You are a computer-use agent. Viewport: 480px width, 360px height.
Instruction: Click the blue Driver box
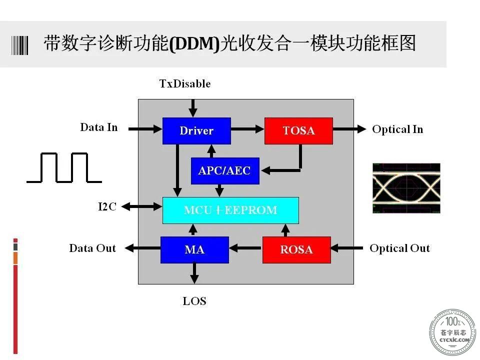point(196,130)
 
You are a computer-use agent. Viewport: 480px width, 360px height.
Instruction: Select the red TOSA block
point(298,130)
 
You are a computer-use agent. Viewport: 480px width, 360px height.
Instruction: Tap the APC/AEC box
point(225,171)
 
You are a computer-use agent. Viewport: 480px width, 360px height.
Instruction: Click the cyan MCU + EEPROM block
point(230,210)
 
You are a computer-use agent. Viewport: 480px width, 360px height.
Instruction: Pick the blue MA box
point(194,250)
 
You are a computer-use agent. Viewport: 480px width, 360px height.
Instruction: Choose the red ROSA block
point(296,250)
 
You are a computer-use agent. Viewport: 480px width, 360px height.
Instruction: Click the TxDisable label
point(185,83)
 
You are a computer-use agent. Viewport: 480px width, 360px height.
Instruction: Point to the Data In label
point(99,127)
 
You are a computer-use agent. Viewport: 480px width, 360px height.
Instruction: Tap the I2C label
point(107,206)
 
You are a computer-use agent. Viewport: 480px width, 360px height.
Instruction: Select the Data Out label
point(92,248)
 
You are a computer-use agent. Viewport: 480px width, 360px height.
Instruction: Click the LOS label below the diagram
point(194,301)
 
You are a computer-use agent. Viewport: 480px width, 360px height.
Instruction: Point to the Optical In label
point(397,129)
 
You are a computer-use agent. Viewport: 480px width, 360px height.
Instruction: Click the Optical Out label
point(399,248)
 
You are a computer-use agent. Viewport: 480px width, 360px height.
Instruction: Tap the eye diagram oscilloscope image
point(406,188)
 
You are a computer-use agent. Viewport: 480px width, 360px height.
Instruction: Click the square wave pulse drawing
point(64,168)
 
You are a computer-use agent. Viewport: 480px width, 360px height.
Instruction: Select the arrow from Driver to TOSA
point(247,129)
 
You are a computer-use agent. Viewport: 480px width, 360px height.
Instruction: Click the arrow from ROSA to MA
point(246,248)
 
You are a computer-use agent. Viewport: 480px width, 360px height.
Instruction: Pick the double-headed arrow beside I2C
point(141,206)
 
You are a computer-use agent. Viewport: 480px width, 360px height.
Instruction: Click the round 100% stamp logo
point(453,332)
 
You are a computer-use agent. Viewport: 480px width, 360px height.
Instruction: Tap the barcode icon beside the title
point(19,45)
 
